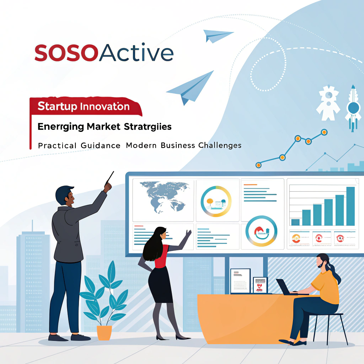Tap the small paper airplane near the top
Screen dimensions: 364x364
click(x=217, y=36)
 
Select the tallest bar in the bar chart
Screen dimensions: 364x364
click(x=350, y=206)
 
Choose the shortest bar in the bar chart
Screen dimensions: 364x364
click(x=295, y=222)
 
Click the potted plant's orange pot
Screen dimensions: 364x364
click(x=104, y=332)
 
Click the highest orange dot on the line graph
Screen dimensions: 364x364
click(x=324, y=132)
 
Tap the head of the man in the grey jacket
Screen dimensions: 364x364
click(x=65, y=196)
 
